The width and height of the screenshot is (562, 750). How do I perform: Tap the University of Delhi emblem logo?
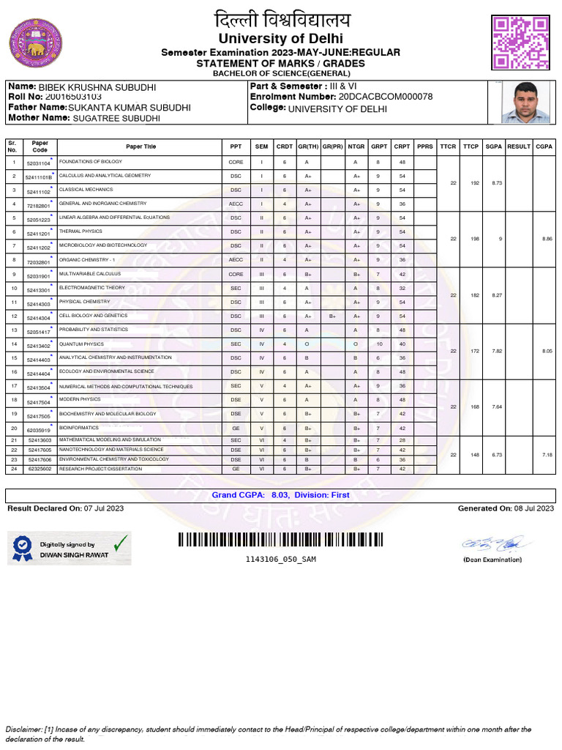[x=34, y=42]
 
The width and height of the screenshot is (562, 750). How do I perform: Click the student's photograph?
[x=522, y=103]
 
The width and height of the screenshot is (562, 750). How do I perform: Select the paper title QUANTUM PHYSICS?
[x=80, y=344]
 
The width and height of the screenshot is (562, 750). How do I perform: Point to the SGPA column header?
[x=493, y=146]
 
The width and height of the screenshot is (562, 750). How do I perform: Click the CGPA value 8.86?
[x=543, y=239]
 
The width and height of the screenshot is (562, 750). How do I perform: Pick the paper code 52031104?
[x=38, y=164]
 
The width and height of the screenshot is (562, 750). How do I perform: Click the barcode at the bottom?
[x=280, y=540]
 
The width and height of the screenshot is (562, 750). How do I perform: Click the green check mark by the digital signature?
[x=120, y=543]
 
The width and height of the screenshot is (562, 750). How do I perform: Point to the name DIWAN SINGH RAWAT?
[x=74, y=554]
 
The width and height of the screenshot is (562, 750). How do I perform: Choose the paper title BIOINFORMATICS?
[x=77, y=426]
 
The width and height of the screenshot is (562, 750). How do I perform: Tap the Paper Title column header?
[x=140, y=146]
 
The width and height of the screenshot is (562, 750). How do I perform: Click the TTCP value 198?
[x=475, y=239]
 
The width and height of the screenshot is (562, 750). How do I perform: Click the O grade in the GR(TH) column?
[x=307, y=344]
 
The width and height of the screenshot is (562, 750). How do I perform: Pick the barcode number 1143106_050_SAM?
[x=280, y=560]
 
